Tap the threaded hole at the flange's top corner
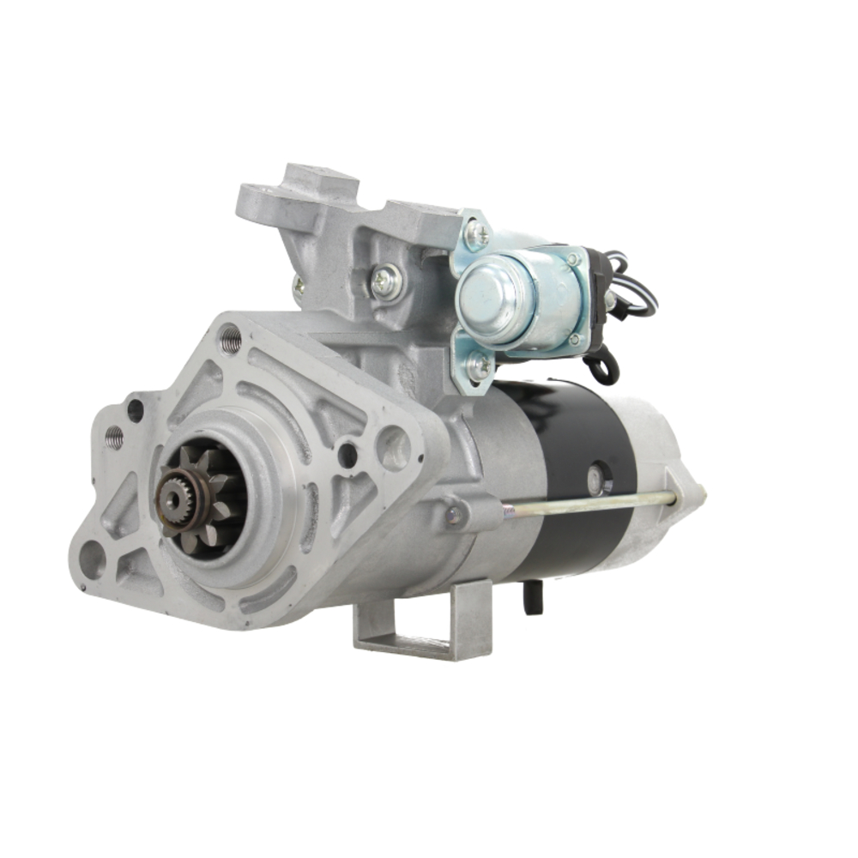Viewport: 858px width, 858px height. click(230, 340)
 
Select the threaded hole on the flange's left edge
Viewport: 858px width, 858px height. click(115, 438)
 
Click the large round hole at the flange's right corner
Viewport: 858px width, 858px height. click(394, 447)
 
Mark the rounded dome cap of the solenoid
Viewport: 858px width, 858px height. click(485, 296)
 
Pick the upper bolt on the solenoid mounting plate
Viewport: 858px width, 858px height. click(478, 233)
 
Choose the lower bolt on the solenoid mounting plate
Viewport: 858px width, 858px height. click(479, 366)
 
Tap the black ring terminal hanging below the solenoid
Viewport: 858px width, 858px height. click(601, 368)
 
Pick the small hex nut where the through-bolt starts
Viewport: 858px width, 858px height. click(454, 515)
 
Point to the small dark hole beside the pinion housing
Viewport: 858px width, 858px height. click(347, 455)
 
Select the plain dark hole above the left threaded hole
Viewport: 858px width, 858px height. click(135, 410)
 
